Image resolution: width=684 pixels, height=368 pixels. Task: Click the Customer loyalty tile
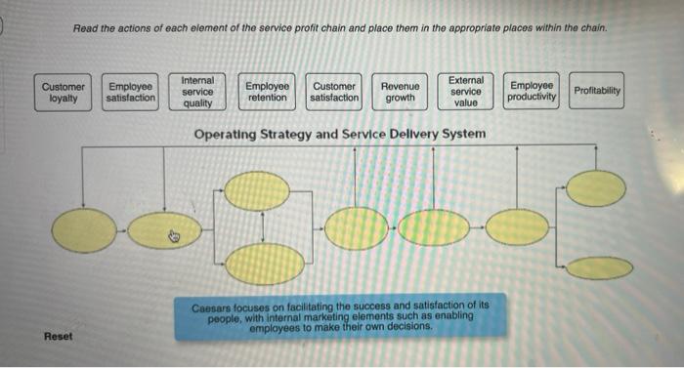tap(63, 92)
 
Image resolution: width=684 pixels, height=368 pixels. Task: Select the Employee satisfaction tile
tap(130, 92)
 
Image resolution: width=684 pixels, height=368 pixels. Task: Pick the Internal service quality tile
tap(198, 91)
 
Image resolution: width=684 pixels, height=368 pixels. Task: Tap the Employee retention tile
tap(267, 92)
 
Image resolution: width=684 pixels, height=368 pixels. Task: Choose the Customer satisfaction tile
tap(334, 92)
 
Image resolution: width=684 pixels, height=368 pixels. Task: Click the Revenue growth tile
tap(400, 92)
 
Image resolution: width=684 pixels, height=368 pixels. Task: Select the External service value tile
tap(466, 91)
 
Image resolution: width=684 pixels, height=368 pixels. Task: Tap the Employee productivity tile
tap(532, 92)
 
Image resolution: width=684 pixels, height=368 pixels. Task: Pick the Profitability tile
tap(597, 91)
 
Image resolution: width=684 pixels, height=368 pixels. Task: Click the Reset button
tap(58, 336)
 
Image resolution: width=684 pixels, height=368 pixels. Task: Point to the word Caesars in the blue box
tap(212, 306)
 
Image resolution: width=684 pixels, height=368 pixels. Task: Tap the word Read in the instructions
tap(85, 28)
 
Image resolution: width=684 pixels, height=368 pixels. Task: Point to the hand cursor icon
tap(174, 234)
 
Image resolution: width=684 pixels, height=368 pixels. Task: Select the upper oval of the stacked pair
tap(257, 191)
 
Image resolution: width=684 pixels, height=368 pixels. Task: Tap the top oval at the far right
tap(596, 188)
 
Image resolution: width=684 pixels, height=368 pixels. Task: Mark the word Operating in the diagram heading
tap(227, 133)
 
